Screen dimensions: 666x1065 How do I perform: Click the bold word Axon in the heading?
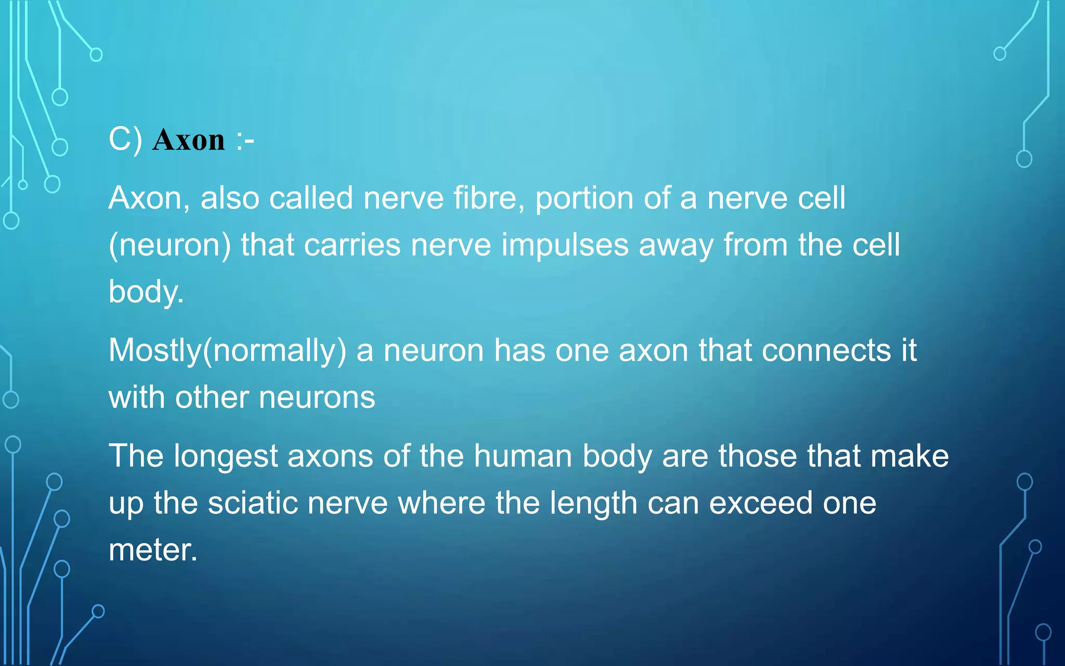tap(188, 140)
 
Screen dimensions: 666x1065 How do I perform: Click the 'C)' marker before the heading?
tap(125, 140)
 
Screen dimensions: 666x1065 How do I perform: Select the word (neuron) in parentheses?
tap(170, 246)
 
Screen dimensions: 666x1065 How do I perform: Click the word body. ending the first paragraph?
tap(146, 292)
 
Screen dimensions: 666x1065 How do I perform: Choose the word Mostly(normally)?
tap(227, 351)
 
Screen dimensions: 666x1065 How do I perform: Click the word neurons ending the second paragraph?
tap(317, 398)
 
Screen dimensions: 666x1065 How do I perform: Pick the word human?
tap(523, 456)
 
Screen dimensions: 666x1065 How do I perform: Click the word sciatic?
tap(253, 503)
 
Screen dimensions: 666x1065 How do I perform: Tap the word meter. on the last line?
tap(153, 550)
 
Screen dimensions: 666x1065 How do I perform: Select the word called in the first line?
tap(311, 198)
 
